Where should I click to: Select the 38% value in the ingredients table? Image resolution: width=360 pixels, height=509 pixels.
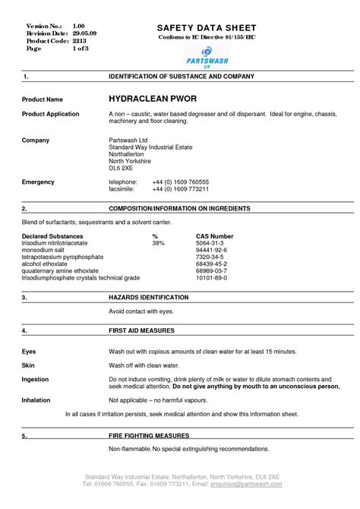tap(158, 243)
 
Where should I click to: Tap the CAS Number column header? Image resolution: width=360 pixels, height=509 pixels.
tap(214, 236)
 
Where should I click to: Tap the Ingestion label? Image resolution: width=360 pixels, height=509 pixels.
tap(35, 379)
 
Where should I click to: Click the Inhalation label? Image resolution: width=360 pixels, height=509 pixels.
tap(36, 399)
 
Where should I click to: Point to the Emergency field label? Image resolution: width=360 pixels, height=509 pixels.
tap(38, 182)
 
